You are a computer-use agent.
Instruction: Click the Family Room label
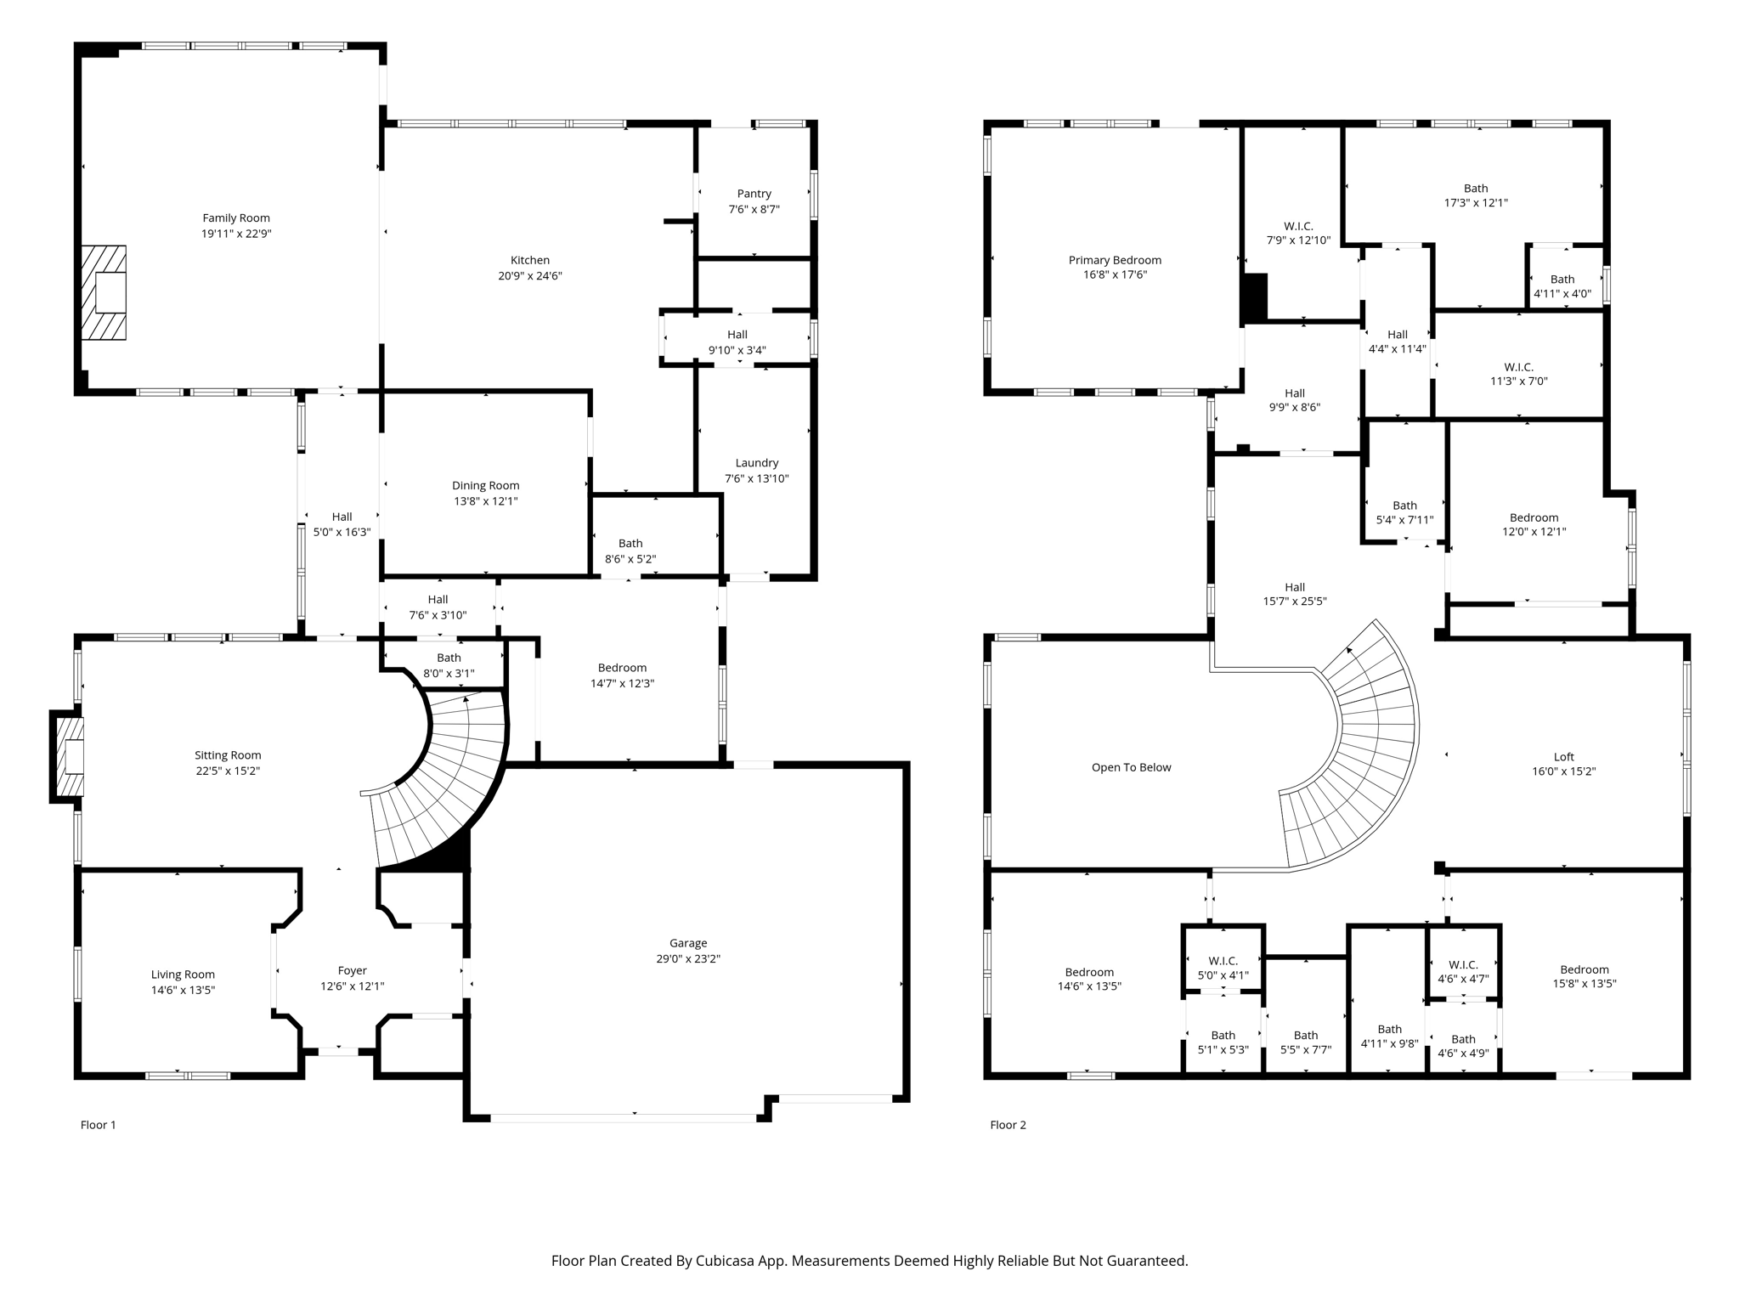coord(235,218)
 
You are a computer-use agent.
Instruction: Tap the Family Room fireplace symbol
coord(105,293)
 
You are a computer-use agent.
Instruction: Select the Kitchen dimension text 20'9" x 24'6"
coord(529,276)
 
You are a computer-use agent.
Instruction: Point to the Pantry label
coord(754,194)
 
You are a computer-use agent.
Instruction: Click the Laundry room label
coord(756,463)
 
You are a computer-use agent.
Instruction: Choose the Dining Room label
coord(485,486)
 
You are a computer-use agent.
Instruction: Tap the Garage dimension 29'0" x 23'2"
coord(687,958)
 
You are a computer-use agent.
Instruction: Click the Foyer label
coord(352,970)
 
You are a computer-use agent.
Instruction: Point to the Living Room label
coord(183,975)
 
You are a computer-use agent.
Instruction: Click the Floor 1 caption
coord(98,1125)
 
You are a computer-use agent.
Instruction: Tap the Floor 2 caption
coord(1008,1125)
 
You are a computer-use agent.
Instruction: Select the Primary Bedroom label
coord(1115,260)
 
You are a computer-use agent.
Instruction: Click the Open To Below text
coord(1131,767)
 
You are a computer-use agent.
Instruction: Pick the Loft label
coord(1563,757)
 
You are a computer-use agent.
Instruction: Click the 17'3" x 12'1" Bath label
coord(1476,189)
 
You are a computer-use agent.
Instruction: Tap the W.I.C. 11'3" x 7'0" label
coord(1518,367)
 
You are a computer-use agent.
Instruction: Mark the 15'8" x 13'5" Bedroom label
coord(1584,969)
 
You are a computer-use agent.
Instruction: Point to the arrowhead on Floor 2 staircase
coord(1350,651)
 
